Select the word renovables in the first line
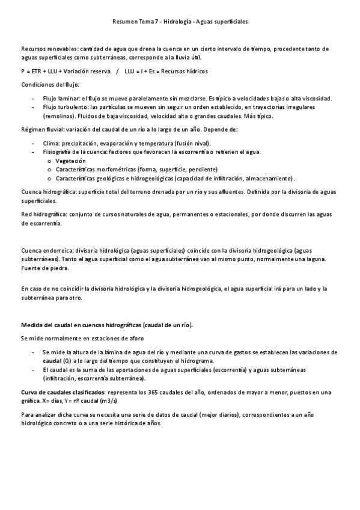[x=53, y=48]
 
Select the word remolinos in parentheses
[x=58, y=116]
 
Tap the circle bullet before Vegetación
[x=49, y=162]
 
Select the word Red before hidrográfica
[x=26, y=214]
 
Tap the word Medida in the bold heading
[x=33, y=325]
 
